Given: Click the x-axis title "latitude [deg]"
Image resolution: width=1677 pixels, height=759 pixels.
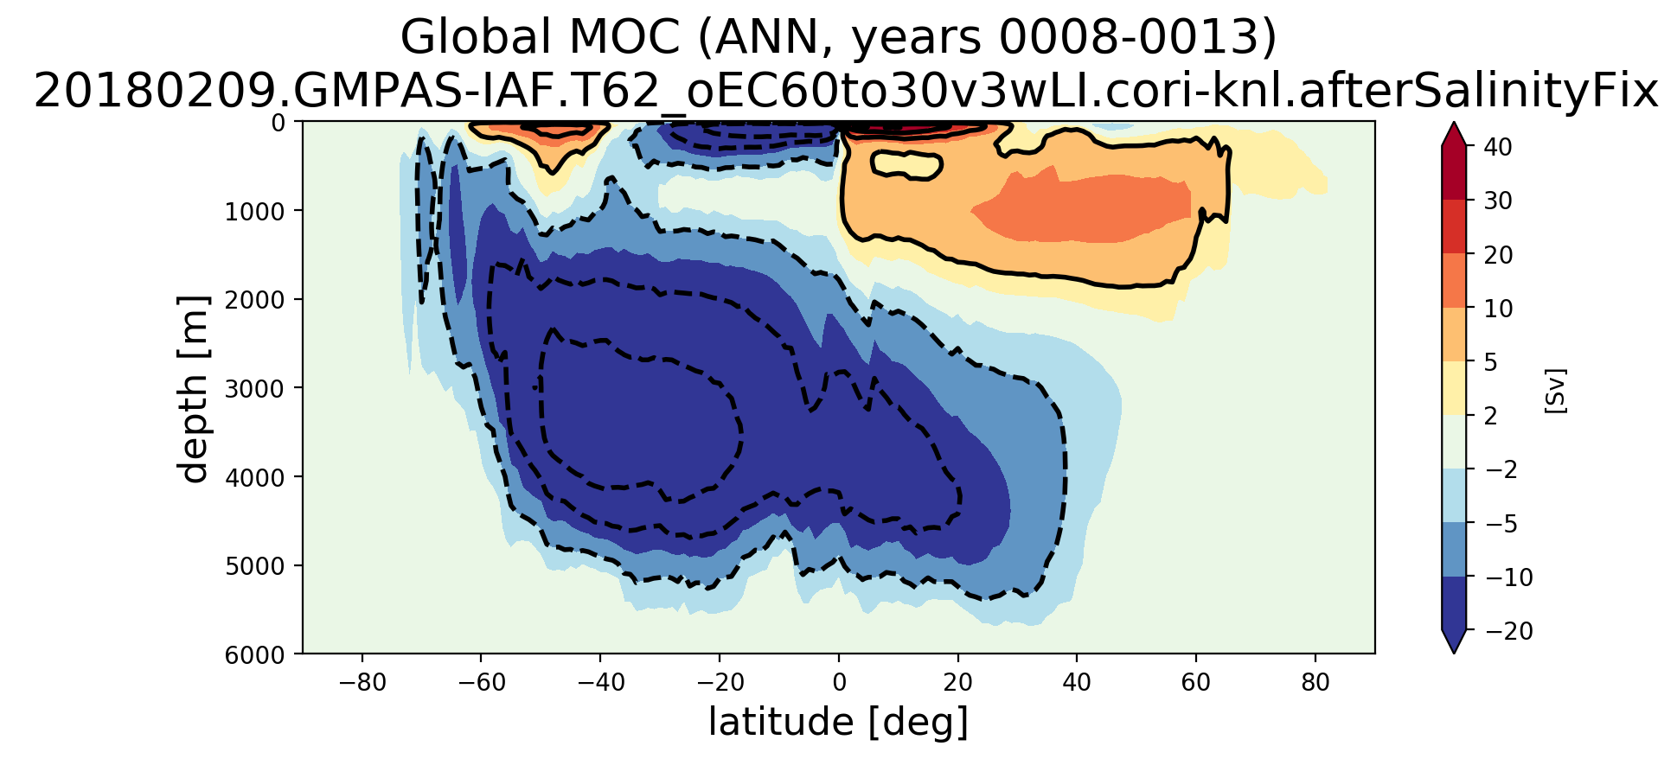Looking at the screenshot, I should pos(837,722).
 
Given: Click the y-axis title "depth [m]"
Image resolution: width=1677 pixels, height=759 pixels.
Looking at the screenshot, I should pos(194,389).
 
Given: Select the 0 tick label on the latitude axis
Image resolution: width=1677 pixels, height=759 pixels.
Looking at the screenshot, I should pos(838,683).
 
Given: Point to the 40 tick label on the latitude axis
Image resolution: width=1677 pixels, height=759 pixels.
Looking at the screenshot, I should pos(1077,683).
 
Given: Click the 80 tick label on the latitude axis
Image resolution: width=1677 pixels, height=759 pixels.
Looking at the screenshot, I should pos(1315,683).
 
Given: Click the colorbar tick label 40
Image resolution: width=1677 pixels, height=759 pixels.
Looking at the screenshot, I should pos(1498,147).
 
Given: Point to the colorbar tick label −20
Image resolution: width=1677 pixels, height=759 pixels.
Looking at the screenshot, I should pos(1508,632).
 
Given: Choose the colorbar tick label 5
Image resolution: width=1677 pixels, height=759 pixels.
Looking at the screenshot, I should pos(1491,362).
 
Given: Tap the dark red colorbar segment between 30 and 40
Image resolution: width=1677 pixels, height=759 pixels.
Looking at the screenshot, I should pos(1454,173).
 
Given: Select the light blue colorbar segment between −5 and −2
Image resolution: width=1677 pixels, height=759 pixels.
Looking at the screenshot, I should pos(1454,495).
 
